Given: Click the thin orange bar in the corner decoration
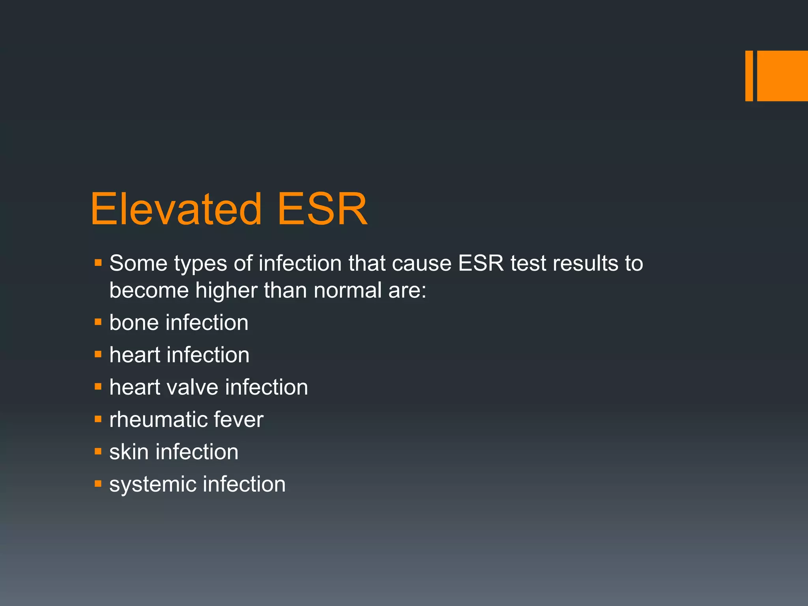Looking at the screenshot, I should (x=749, y=76).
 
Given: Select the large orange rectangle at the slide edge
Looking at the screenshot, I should (x=782, y=76).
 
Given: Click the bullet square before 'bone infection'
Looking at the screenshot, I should (x=98, y=322).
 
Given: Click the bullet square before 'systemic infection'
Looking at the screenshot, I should (x=98, y=484).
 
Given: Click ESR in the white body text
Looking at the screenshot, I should (x=481, y=263).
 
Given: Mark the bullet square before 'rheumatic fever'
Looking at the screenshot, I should (x=98, y=419).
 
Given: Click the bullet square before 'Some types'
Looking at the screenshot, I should (x=98, y=262).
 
